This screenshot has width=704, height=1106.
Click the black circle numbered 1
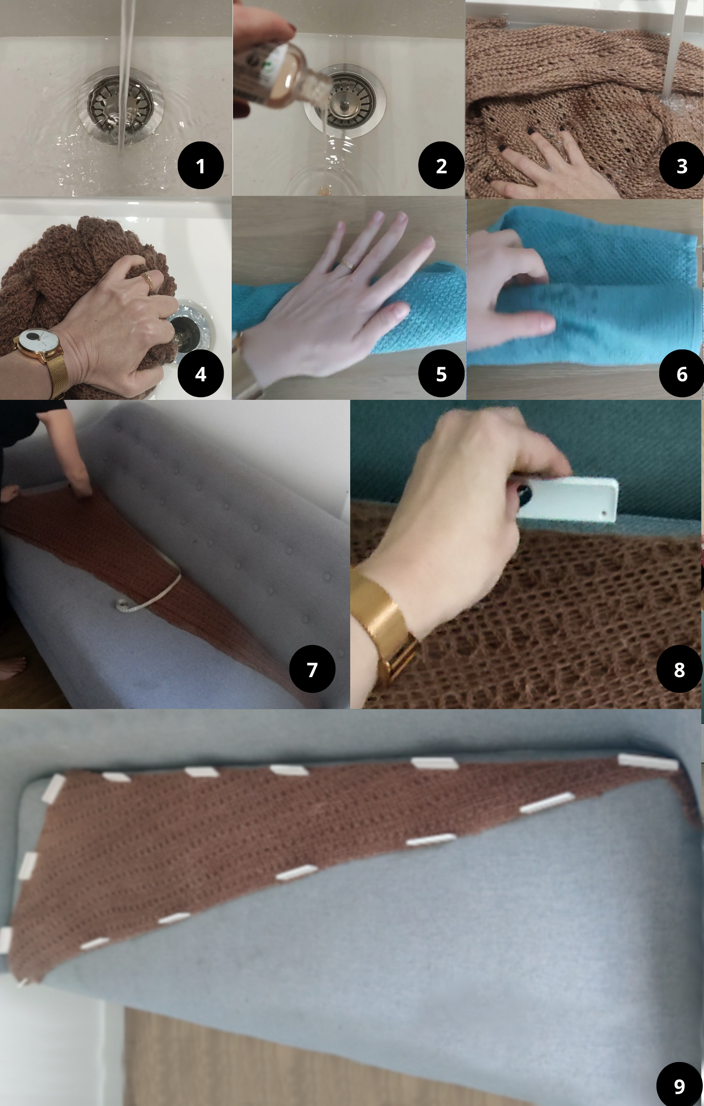[201, 165]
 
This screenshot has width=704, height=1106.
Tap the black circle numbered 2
[441, 165]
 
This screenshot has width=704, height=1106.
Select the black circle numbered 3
[682, 165]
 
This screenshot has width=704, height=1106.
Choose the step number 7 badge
[312, 669]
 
